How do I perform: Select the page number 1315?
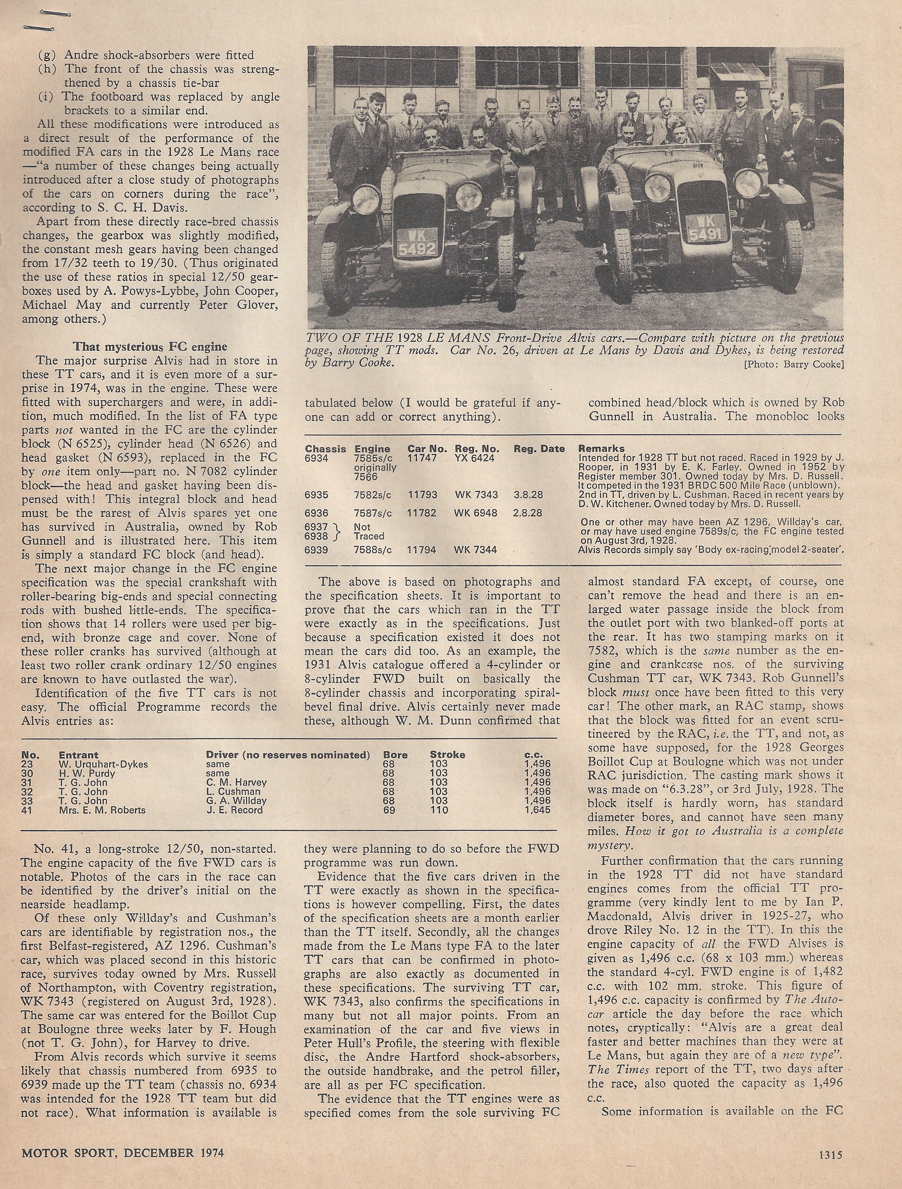pos(830,1152)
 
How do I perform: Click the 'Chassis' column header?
pos(325,449)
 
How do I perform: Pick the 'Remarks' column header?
pos(601,449)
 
